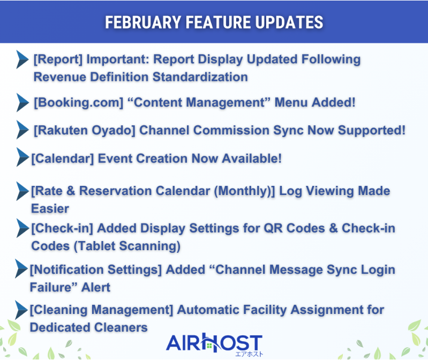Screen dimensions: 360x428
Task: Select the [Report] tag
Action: [58, 59]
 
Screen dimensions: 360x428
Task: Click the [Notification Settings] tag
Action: [96, 269]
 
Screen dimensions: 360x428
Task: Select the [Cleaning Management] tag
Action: [101, 310]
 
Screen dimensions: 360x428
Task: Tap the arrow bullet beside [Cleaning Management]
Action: [21, 309]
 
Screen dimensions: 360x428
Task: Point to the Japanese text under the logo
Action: [249, 354]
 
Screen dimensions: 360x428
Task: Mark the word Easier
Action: [50, 208]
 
